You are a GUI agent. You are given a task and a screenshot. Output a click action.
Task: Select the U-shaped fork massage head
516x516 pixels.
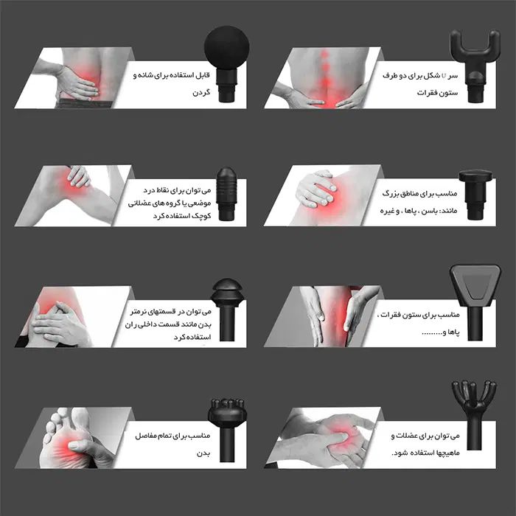click(475, 63)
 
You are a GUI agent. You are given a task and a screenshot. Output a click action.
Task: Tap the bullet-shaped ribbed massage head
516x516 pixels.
click(226, 193)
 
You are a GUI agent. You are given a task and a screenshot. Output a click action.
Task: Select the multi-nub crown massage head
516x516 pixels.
click(227, 428)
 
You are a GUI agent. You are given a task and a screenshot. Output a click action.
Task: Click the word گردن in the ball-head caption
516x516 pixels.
click(201, 92)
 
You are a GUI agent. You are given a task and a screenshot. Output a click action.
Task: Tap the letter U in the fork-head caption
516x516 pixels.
click(444, 76)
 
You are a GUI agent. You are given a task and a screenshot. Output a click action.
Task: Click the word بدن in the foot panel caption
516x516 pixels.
click(203, 453)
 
